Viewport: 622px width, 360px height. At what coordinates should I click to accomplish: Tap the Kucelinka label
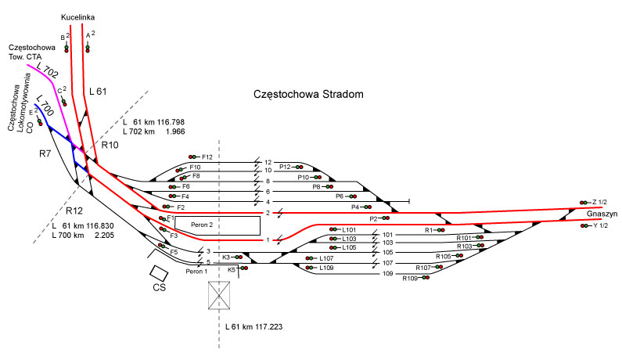[x=77, y=16]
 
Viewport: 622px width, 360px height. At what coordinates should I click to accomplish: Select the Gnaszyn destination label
[x=599, y=213]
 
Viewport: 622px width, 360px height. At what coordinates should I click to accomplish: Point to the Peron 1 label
[x=197, y=271]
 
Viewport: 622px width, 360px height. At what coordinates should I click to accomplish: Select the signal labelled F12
[x=192, y=157]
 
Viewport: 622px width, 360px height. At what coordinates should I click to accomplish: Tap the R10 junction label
[x=110, y=145]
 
